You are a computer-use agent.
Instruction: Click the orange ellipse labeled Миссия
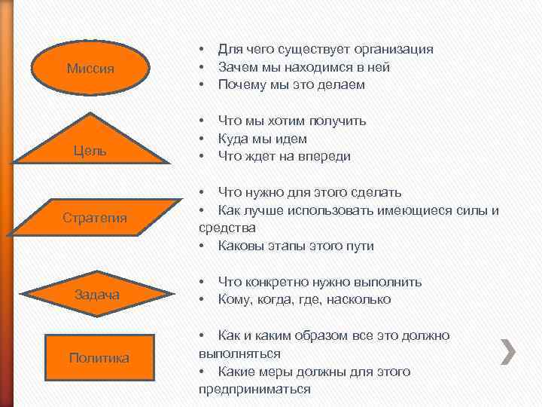coord(90,69)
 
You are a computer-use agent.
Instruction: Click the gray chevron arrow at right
coord(509,351)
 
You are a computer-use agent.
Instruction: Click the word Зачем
coord(236,67)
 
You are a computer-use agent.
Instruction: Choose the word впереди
coord(324,157)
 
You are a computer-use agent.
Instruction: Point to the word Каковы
coord(240,246)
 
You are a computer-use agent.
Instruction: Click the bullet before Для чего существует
coord(202,49)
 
